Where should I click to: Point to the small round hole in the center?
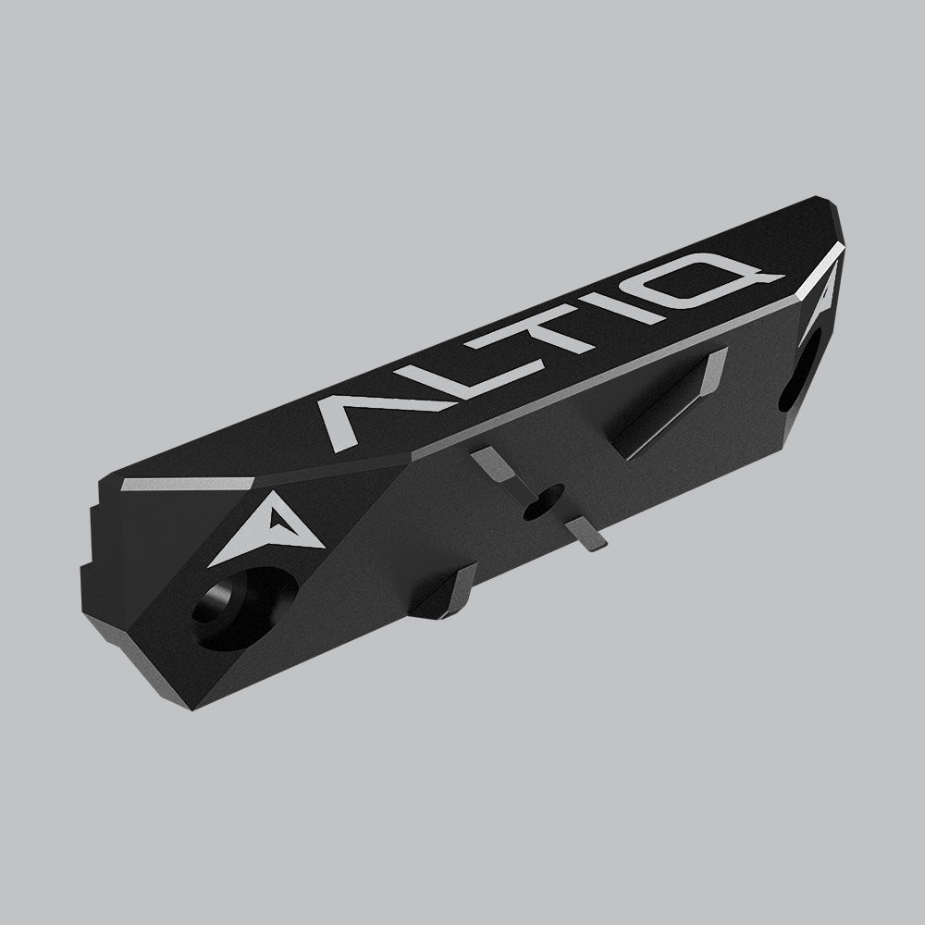pos(537,504)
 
